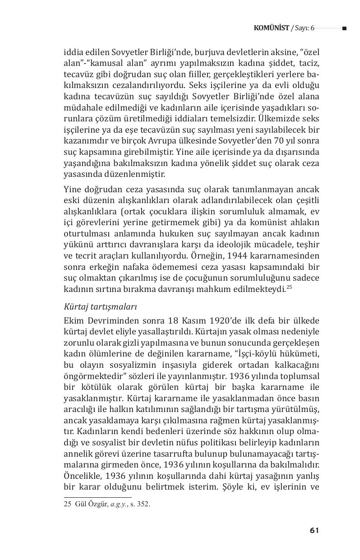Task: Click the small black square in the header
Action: pos(344,28)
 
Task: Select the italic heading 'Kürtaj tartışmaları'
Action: pos(100,306)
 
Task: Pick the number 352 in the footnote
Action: pos(143,505)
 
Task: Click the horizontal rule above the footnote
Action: pos(97,498)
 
